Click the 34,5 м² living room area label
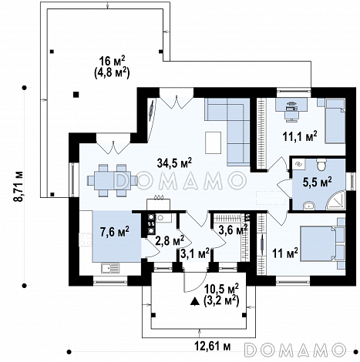click(174, 163)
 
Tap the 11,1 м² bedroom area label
click(300, 136)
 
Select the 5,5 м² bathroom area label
click(317, 182)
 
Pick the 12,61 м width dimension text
click(212, 347)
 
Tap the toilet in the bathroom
click(321, 165)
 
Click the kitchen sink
click(110, 268)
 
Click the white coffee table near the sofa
click(213, 142)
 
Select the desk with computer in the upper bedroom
click(291, 108)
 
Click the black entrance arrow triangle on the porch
click(195, 301)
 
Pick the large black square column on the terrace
click(76, 95)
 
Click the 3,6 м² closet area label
click(233, 229)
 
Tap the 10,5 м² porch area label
click(221, 289)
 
